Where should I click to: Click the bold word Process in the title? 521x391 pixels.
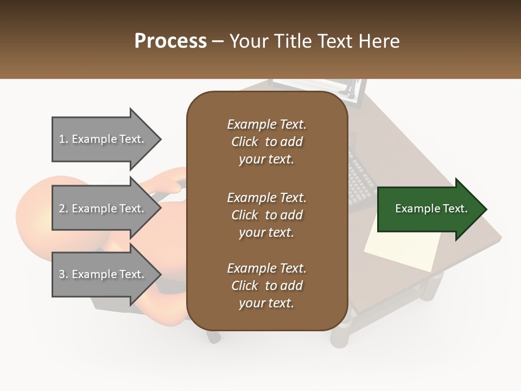click(x=170, y=41)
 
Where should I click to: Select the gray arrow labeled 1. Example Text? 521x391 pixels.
click(x=103, y=139)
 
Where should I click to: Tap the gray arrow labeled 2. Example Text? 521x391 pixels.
click(x=103, y=209)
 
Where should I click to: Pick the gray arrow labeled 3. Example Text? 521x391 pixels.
click(x=103, y=274)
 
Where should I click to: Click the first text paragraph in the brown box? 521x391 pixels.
click(x=266, y=142)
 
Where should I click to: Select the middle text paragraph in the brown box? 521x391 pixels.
click(x=266, y=215)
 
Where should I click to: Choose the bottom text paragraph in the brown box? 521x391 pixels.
click(x=266, y=286)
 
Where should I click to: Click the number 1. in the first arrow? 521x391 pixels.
click(x=63, y=139)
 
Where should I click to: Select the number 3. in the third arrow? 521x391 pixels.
click(x=63, y=274)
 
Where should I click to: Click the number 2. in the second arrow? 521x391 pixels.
click(x=63, y=209)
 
